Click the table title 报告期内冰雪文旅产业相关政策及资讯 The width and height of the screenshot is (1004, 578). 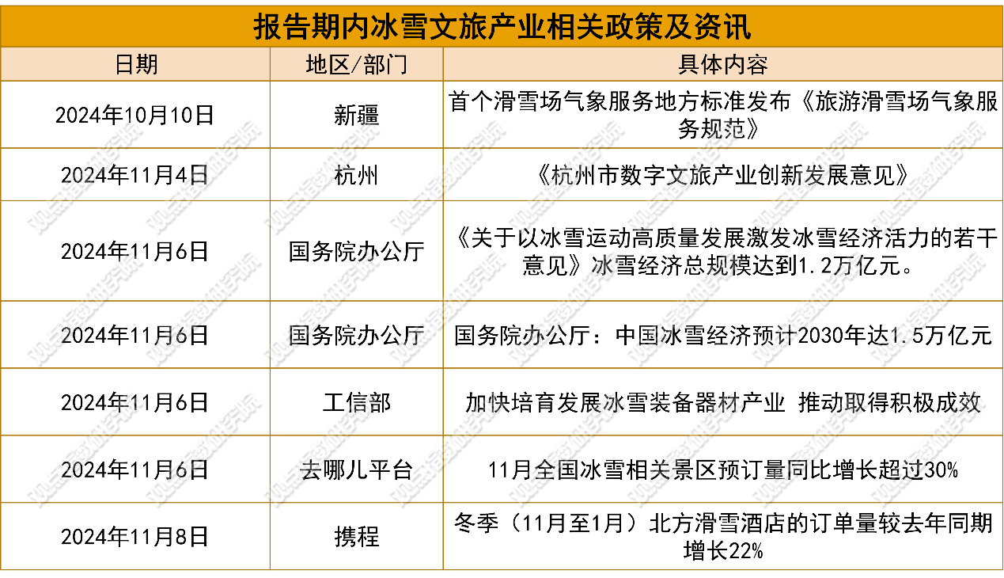[x=502, y=26]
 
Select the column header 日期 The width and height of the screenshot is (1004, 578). [x=136, y=65]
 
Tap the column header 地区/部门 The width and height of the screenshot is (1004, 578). [x=356, y=65]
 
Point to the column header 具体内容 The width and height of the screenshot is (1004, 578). [x=722, y=65]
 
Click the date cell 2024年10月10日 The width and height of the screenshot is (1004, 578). [x=134, y=116]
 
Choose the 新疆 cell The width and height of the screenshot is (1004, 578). [x=356, y=116]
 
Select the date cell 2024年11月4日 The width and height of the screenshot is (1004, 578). [x=134, y=175]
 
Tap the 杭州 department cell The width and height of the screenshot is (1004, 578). [x=356, y=175]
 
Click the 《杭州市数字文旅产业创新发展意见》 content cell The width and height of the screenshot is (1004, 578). [x=722, y=175]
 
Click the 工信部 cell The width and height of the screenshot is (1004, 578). [x=356, y=402]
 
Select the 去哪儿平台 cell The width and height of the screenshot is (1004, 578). [x=356, y=470]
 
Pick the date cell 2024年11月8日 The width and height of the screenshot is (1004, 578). [x=134, y=537]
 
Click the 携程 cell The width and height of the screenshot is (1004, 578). [x=356, y=537]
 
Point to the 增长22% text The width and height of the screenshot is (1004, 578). [x=722, y=550]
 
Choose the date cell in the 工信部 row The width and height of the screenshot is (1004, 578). [x=134, y=402]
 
